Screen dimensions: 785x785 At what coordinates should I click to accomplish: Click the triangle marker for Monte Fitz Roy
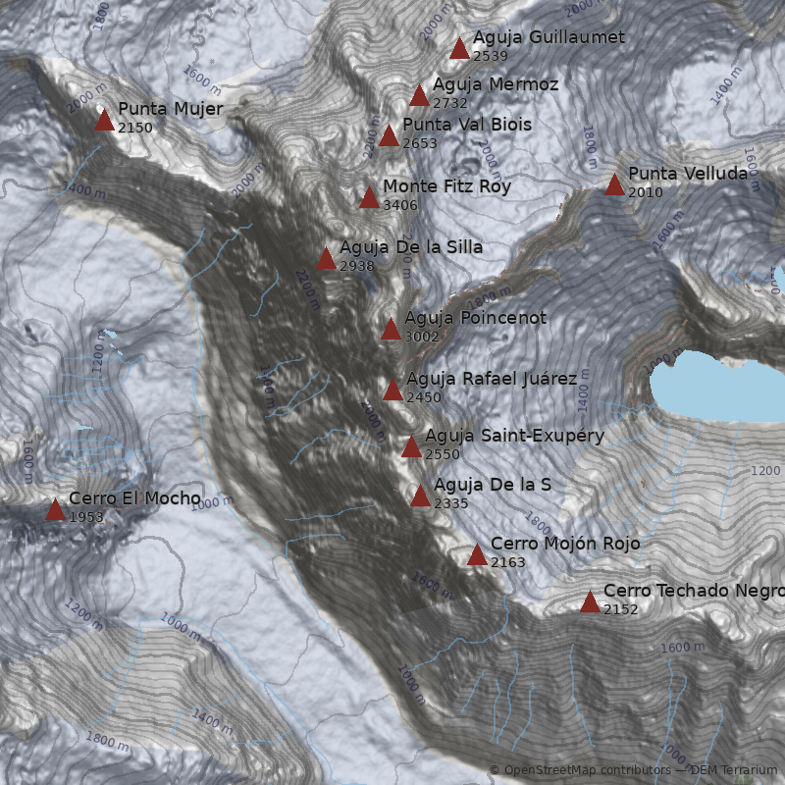369,198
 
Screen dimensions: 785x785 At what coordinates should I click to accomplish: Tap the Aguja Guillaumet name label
549,37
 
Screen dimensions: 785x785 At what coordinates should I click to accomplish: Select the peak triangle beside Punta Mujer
104,121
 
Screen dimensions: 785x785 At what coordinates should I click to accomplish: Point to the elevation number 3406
399,205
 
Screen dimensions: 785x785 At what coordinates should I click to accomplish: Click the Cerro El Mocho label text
134,498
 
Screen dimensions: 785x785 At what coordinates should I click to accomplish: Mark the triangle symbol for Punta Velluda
614,184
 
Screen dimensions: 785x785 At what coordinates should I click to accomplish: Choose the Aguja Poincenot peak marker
391,330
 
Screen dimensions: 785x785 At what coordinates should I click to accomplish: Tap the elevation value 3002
421,337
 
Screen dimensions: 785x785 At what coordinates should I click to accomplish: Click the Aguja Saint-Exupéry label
514,436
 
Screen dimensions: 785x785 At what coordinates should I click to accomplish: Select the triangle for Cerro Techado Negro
590,602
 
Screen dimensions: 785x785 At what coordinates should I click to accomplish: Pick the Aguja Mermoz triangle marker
419,96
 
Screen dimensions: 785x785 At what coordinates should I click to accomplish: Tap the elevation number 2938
356,266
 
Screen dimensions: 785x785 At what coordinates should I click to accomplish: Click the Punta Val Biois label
467,125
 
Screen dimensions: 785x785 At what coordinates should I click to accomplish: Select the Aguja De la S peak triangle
420,497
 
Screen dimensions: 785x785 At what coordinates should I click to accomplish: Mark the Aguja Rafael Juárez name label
492,379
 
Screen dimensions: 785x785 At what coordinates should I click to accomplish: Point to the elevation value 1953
86,517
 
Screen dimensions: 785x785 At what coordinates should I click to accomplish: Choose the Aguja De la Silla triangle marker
326,259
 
